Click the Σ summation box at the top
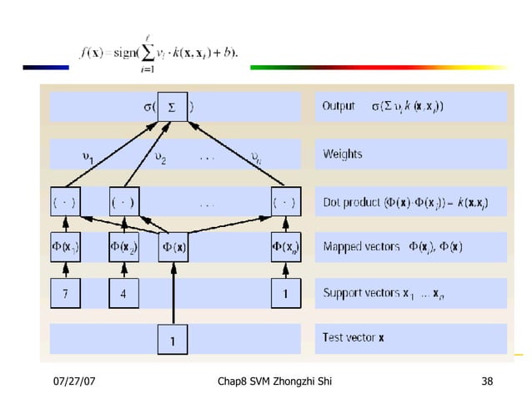pyautogui.click(x=173, y=107)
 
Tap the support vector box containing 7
pyautogui.click(x=65, y=293)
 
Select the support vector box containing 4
pyautogui.click(x=123, y=293)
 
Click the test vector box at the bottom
pyautogui.click(x=173, y=340)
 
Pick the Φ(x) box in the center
pyautogui.click(x=173, y=247)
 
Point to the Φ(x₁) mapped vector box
pyautogui.click(x=65, y=247)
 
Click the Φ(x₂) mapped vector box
pyautogui.click(x=123, y=247)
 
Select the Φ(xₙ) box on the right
pyautogui.click(x=286, y=247)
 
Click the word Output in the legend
pyautogui.click(x=339, y=107)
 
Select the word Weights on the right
pyautogui.click(x=342, y=154)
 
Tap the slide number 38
pyautogui.click(x=487, y=382)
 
